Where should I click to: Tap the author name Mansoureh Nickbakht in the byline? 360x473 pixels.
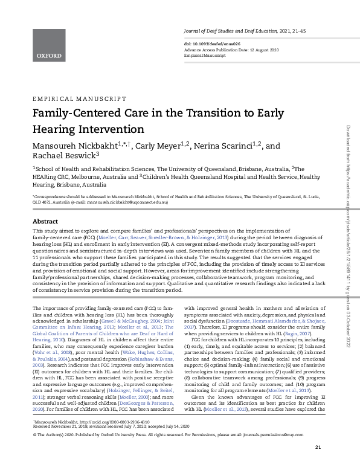coord(75,146)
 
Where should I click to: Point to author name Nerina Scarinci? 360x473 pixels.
coord(231,146)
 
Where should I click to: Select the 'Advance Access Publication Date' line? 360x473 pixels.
coord(223,50)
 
